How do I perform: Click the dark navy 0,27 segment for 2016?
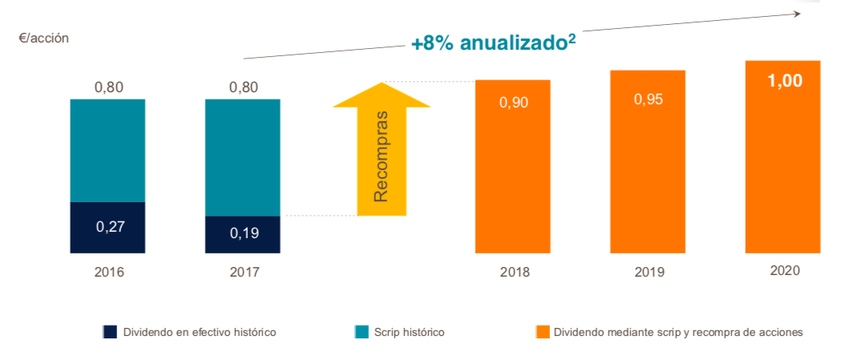(108, 227)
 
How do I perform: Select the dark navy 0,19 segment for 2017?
(243, 234)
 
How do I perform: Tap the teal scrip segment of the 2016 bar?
(108, 150)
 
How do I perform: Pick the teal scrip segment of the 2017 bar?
(243, 157)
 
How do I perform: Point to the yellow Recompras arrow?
(381, 152)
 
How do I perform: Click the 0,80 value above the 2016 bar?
(108, 87)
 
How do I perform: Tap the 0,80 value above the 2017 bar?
(243, 87)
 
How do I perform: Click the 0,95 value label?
(649, 99)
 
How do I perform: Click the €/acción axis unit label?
(43, 37)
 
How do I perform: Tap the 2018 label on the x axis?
(514, 273)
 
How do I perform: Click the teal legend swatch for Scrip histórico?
(362, 332)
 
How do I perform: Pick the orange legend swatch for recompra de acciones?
(542, 332)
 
